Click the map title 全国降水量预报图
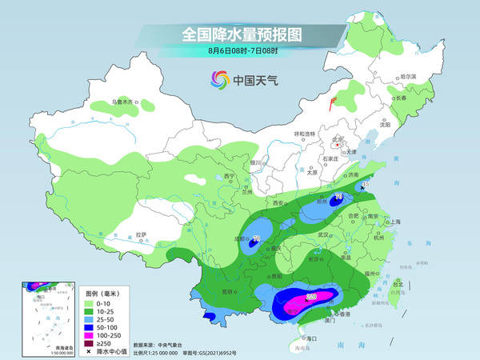(238, 35)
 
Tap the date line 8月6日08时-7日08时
(238, 51)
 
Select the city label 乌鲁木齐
(124, 102)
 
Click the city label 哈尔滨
(408, 76)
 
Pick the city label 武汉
(323, 234)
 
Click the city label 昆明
(230, 290)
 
